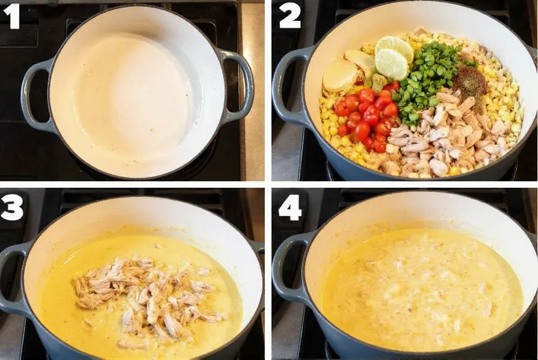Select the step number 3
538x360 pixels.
(x=12, y=207)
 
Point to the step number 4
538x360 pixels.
(x=290, y=207)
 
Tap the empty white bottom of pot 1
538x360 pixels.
(x=135, y=96)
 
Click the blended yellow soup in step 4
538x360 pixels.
(x=420, y=288)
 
